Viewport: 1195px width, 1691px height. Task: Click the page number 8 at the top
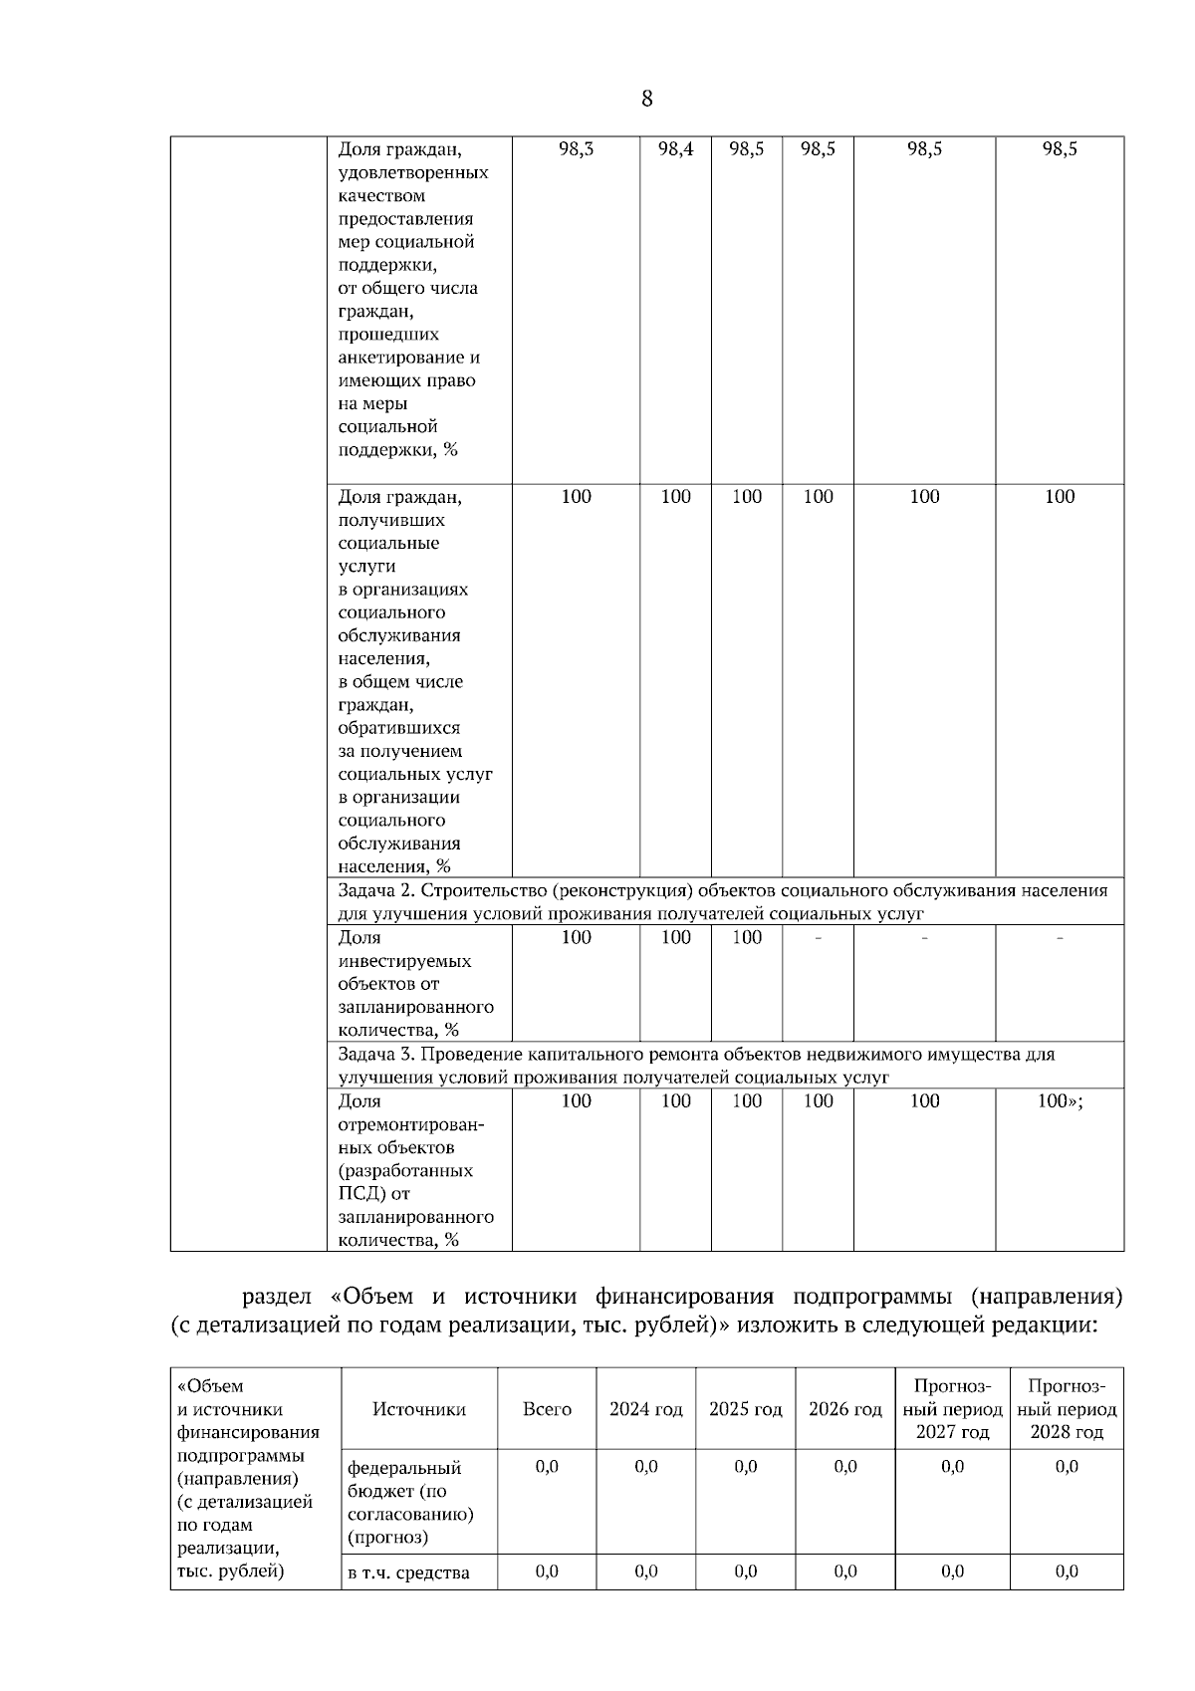(x=647, y=99)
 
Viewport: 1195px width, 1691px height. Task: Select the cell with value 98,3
(x=576, y=149)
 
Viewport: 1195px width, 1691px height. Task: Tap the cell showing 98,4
(x=675, y=149)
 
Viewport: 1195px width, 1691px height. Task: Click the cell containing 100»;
(x=1060, y=1101)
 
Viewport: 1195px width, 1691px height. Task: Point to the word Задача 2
(x=373, y=890)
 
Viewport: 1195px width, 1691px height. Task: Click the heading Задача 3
(x=373, y=1055)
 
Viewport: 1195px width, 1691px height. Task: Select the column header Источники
(x=419, y=1409)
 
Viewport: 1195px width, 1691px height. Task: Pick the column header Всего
(x=547, y=1409)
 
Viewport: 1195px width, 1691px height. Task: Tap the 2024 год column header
(x=645, y=1409)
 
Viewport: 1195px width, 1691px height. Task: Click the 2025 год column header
(x=745, y=1409)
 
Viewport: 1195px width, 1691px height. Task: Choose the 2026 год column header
(x=844, y=1409)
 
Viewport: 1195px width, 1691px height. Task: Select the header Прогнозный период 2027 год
(x=952, y=1409)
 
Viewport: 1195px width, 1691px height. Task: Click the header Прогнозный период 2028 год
(x=1066, y=1409)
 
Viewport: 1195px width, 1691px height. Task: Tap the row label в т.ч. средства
(x=407, y=1573)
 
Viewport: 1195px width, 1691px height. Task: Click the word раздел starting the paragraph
(x=278, y=1298)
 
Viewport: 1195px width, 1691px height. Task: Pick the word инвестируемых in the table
(x=404, y=961)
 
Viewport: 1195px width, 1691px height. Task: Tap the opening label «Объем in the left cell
(x=210, y=1386)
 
